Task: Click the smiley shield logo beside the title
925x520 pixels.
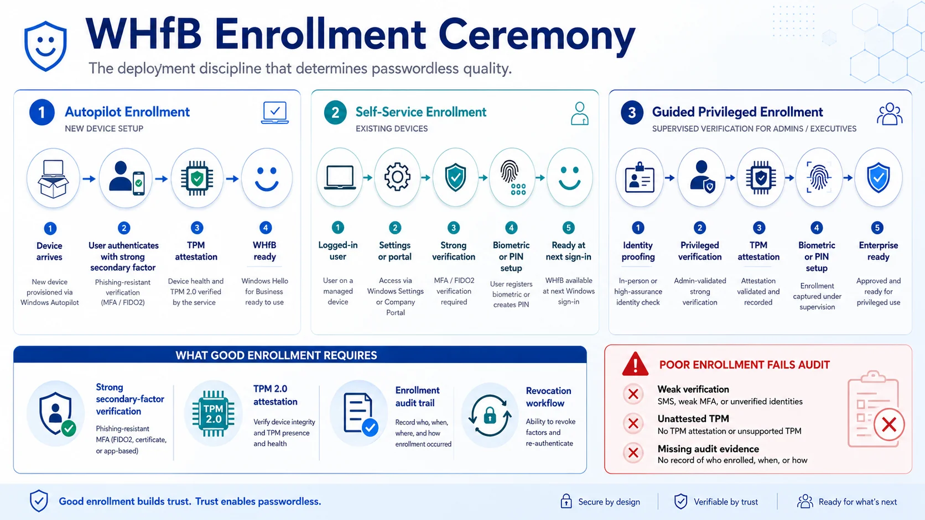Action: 45,46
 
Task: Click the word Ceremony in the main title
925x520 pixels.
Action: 537,36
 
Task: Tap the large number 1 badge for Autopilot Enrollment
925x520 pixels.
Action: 41,112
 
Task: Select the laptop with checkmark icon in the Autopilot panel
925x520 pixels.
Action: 275,113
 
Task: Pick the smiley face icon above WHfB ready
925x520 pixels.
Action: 267,178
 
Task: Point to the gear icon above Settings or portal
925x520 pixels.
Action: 397,177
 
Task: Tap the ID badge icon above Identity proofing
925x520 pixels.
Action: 640,178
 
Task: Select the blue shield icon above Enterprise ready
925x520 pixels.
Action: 879,178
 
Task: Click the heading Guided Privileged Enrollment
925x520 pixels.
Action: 737,112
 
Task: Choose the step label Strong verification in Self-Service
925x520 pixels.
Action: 454,251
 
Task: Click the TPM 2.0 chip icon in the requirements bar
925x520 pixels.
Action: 214,413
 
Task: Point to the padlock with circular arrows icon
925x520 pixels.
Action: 490,415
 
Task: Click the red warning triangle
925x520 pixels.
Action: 635,364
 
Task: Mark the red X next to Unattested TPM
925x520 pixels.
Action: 633,423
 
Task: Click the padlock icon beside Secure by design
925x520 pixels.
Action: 566,501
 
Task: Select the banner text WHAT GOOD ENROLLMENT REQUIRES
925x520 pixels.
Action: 276,355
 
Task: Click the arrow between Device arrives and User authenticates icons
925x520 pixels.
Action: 89,179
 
